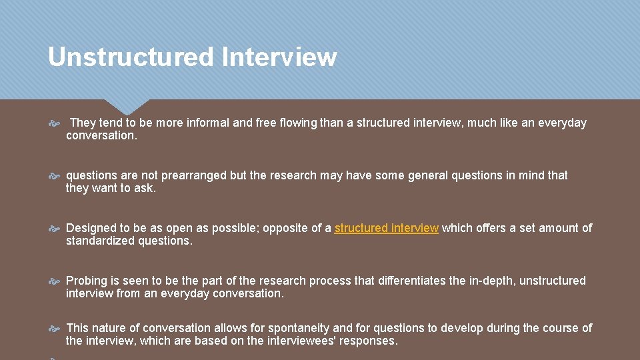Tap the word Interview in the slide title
[280, 57]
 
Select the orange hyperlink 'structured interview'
[386, 228]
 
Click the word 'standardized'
[99, 241]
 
